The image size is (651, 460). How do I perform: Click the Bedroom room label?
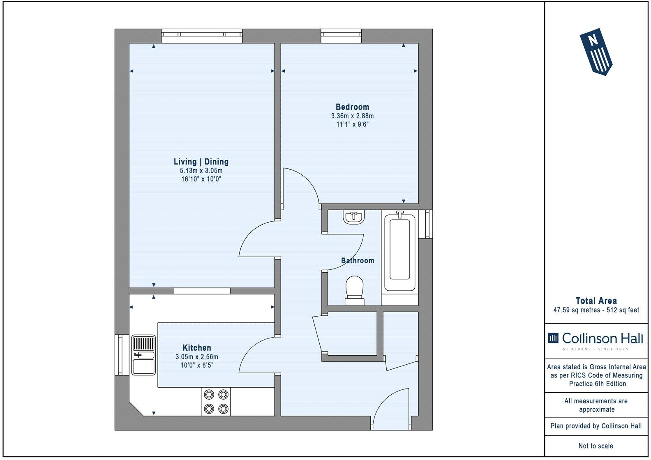tap(352, 107)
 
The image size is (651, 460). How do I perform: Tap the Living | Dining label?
tap(201, 162)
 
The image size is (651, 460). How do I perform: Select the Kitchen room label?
tap(197, 347)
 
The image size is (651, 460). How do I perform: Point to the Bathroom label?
tap(358, 260)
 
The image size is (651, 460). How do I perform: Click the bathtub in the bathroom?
tap(400, 251)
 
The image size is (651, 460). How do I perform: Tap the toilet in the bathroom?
tap(355, 291)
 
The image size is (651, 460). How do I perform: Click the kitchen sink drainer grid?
tap(143, 343)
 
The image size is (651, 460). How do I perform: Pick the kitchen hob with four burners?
tap(216, 402)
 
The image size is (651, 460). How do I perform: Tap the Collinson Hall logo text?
tap(603, 338)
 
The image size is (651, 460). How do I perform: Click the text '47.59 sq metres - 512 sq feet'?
tap(596, 310)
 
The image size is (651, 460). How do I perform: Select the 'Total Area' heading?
tap(596, 301)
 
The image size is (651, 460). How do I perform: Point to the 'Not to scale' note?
tap(596, 446)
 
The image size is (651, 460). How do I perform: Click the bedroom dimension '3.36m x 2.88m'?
tap(352, 116)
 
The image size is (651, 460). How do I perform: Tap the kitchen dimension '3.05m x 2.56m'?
tap(197, 356)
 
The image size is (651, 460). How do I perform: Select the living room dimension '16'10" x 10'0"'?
tap(201, 179)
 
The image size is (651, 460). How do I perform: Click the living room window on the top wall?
tap(202, 36)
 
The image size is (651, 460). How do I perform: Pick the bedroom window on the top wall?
tap(341, 36)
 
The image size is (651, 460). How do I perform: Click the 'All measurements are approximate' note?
tap(596, 405)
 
